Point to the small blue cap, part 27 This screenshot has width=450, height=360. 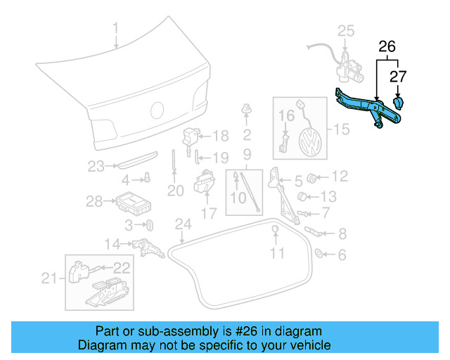(x=400, y=103)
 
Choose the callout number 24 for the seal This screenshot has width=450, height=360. (x=183, y=226)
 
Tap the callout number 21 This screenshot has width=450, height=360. (x=49, y=279)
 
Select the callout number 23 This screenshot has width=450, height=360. (x=96, y=167)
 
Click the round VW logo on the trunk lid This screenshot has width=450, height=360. (x=157, y=110)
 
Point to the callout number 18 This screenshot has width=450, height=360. (x=220, y=136)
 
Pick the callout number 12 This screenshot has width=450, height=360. (x=340, y=176)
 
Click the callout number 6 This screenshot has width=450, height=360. (x=341, y=256)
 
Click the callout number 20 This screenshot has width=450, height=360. (x=175, y=191)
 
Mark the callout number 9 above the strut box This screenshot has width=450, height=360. (x=247, y=153)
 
